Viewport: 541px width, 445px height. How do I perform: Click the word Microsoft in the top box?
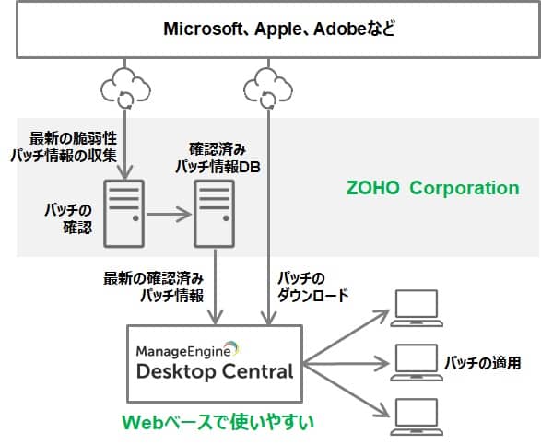(x=203, y=29)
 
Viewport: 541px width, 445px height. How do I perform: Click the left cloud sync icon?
(x=125, y=88)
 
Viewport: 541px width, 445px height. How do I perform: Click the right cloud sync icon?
(x=268, y=88)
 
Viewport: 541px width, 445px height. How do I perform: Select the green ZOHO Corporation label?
(x=432, y=188)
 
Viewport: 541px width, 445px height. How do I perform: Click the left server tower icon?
(x=123, y=214)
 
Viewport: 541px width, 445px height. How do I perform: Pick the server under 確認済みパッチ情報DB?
(x=214, y=214)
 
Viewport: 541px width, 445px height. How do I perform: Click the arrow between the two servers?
(x=169, y=215)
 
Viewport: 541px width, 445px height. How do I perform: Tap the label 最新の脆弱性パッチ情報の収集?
(x=64, y=147)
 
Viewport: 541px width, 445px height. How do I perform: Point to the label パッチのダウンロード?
(x=313, y=287)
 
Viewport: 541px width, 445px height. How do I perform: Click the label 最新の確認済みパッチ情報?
(x=154, y=287)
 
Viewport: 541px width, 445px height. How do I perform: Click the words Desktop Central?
(x=215, y=371)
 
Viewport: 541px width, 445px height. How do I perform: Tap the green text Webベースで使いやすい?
(x=218, y=422)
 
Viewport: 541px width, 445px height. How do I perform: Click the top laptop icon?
(x=417, y=308)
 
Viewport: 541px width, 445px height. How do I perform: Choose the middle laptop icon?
(x=417, y=363)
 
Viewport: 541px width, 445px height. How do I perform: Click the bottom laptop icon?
(x=417, y=417)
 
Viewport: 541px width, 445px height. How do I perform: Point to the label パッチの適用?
(x=483, y=363)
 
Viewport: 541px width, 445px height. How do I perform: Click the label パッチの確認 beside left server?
(x=68, y=218)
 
